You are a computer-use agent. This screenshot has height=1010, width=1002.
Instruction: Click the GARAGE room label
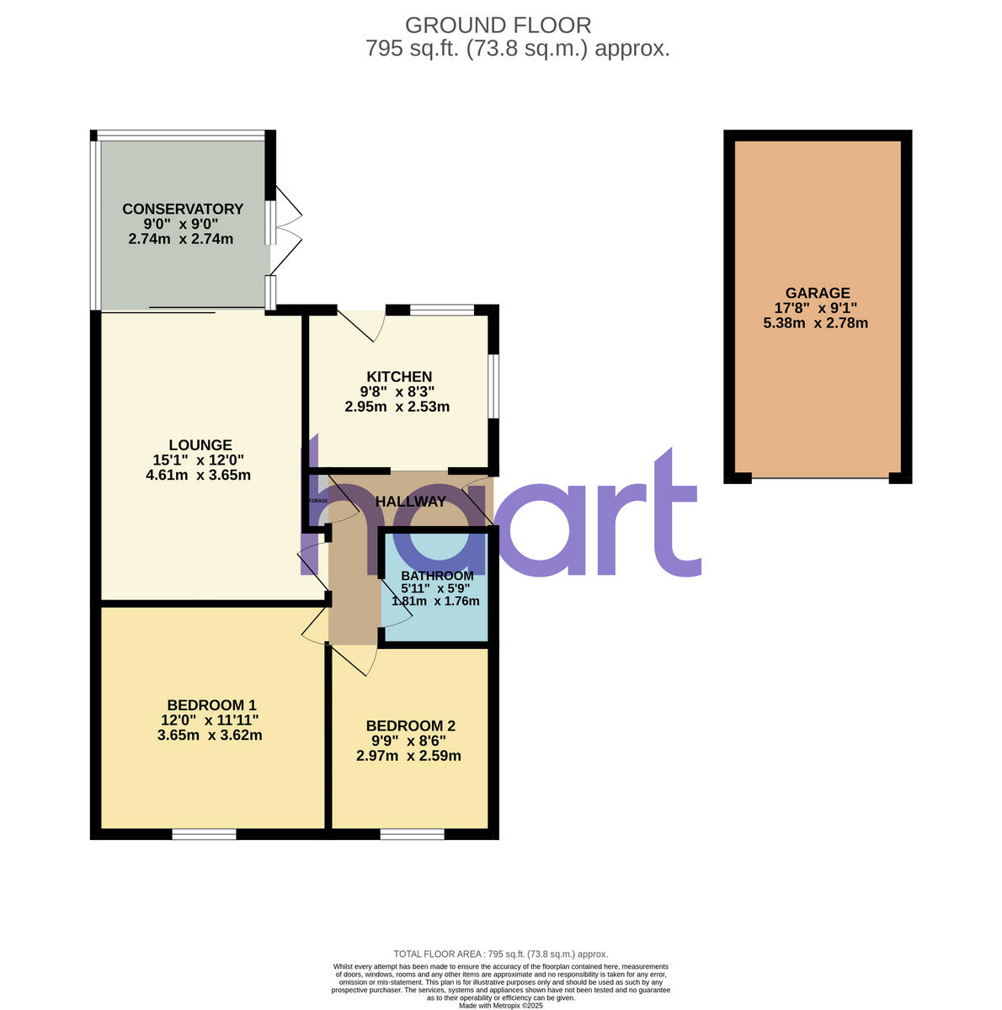coord(816,294)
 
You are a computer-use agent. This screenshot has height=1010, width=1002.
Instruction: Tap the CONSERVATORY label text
coord(183,210)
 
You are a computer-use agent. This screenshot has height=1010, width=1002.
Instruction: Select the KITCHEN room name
coord(399,377)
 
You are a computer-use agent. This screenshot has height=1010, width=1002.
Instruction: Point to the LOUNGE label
coord(200,445)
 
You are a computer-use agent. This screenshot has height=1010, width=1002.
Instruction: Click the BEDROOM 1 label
coord(211,705)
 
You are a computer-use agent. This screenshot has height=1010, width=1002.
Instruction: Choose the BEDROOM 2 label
coord(411,726)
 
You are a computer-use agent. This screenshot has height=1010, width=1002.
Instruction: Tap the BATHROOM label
coord(437,577)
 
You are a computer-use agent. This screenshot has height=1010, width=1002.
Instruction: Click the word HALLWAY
coord(411,502)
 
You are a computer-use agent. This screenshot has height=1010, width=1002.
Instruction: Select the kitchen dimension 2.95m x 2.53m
coord(397,407)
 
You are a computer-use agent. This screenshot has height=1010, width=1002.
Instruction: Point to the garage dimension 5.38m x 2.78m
coord(815,322)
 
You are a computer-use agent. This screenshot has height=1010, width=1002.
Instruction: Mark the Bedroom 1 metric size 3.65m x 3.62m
coord(210,735)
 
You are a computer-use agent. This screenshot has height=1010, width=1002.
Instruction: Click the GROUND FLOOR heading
coord(498,25)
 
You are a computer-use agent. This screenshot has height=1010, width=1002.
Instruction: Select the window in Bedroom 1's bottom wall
coord(205,834)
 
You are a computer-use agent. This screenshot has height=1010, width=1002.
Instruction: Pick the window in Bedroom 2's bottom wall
coord(412,834)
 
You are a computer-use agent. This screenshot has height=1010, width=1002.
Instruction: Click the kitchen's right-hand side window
coord(493,385)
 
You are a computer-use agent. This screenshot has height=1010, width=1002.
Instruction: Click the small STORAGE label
coord(317,501)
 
